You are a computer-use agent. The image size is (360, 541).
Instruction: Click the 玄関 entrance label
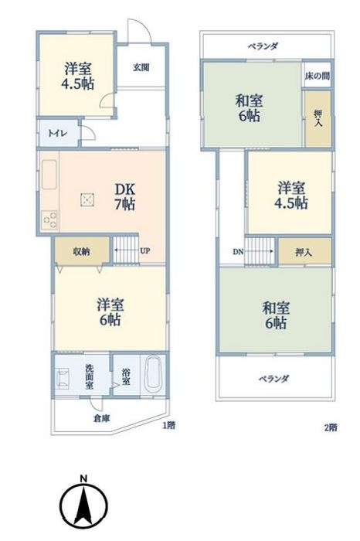tap(141, 67)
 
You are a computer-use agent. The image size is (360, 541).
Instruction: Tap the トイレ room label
tap(58, 133)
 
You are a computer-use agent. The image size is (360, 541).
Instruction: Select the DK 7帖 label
tap(124, 196)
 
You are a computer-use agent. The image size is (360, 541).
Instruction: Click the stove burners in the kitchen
tap(49, 220)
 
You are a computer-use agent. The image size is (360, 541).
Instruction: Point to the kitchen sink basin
tap(49, 175)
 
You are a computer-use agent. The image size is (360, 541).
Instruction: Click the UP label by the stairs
tap(145, 251)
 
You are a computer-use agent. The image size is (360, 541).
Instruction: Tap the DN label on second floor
tap(238, 252)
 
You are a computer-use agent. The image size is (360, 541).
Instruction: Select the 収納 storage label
tap(81, 251)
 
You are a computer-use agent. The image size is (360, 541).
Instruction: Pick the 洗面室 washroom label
tap(90, 377)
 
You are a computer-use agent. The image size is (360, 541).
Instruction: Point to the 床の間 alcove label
tap(317, 76)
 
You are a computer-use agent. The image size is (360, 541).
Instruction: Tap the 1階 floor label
tap(169, 425)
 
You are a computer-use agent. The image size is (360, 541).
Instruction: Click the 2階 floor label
tap(331, 427)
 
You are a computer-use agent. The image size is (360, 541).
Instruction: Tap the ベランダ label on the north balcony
tap(263, 46)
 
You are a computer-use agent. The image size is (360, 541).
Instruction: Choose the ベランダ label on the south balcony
tap(273, 379)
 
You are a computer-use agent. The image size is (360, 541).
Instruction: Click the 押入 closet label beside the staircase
tap(304, 252)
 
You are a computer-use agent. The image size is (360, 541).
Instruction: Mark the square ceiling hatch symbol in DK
tap(88, 199)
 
